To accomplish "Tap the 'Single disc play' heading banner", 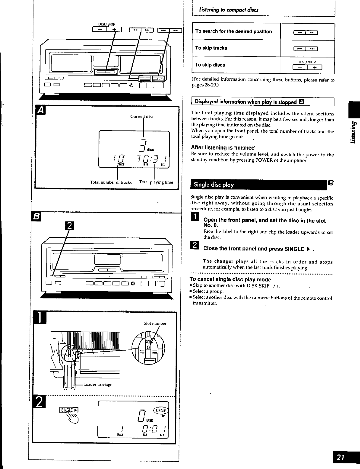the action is [x=258, y=185].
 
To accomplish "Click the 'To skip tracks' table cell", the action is [x=236, y=48].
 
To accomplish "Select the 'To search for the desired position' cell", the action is [x=236, y=31].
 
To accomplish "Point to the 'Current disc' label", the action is [x=142, y=117].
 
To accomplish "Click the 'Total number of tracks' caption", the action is [x=111, y=182].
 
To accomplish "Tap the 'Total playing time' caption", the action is [x=156, y=182].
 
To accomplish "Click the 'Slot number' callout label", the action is [x=155, y=323].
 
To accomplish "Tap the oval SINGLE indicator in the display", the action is [x=160, y=411].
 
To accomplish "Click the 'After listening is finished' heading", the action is [x=223, y=148].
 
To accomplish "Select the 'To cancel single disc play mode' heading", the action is [x=230, y=279].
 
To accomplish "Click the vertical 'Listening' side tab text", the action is [x=353, y=132].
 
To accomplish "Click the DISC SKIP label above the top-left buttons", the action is [x=107, y=24].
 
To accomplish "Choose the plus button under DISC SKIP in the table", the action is [x=315, y=68].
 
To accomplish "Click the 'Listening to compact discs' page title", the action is [x=229, y=10].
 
